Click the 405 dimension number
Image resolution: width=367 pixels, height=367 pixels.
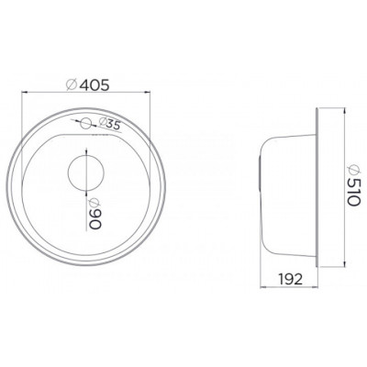coord(95,85)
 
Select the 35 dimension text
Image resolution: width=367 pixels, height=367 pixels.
coord(112,125)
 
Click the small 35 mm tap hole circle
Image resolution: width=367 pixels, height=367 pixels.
coord(85,124)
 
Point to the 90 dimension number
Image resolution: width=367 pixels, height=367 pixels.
coord(95,219)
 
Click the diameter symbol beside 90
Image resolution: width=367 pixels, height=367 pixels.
coord(95,203)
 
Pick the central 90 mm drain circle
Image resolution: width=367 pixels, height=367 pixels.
coord(86,172)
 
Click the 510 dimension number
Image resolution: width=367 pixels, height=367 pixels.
coord(355,193)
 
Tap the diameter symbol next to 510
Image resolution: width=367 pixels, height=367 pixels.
coord(355,171)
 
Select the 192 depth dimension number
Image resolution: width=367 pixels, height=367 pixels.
coord(290,279)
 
